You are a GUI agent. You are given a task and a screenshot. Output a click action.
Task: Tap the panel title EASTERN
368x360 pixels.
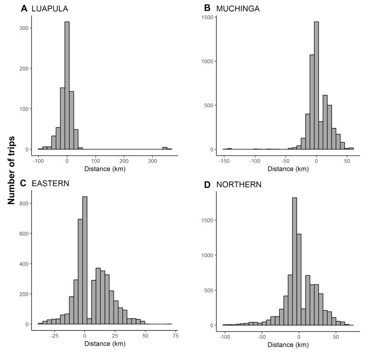50,184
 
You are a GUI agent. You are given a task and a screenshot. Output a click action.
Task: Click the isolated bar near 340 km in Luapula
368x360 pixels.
165,148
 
